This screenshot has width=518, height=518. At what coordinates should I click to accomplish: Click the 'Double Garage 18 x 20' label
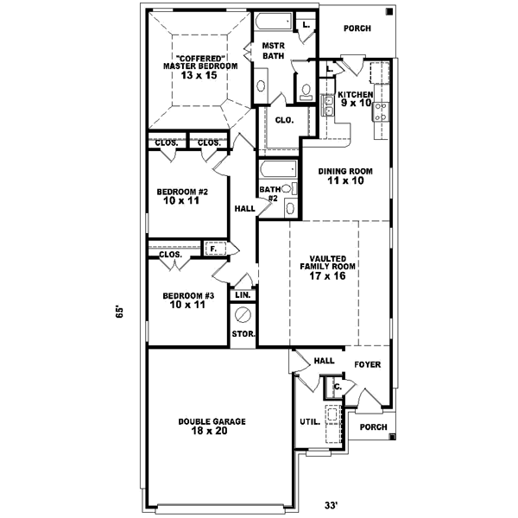click(x=212, y=426)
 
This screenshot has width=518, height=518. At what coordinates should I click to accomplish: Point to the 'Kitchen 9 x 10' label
click(x=355, y=98)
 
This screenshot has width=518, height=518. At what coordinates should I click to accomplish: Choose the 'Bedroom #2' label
click(x=181, y=196)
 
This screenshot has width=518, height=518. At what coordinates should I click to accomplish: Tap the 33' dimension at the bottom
click(x=330, y=505)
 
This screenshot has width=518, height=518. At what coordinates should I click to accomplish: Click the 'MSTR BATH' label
click(x=274, y=52)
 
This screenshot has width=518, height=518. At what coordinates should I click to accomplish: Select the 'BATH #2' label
click(x=269, y=193)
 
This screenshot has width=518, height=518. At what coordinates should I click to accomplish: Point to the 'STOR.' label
click(x=243, y=334)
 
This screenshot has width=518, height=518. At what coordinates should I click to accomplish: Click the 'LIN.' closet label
click(x=243, y=295)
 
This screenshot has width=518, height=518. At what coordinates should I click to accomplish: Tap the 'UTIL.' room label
click(x=308, y=423)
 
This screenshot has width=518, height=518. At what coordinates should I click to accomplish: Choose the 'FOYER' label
click(x=367, y=364)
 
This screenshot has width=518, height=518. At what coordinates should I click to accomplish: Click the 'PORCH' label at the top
click(x=357, y=28)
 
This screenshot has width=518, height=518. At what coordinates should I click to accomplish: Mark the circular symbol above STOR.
click(x=243, y=314)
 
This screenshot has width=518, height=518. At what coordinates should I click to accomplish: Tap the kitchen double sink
click(x=328, y=105)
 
